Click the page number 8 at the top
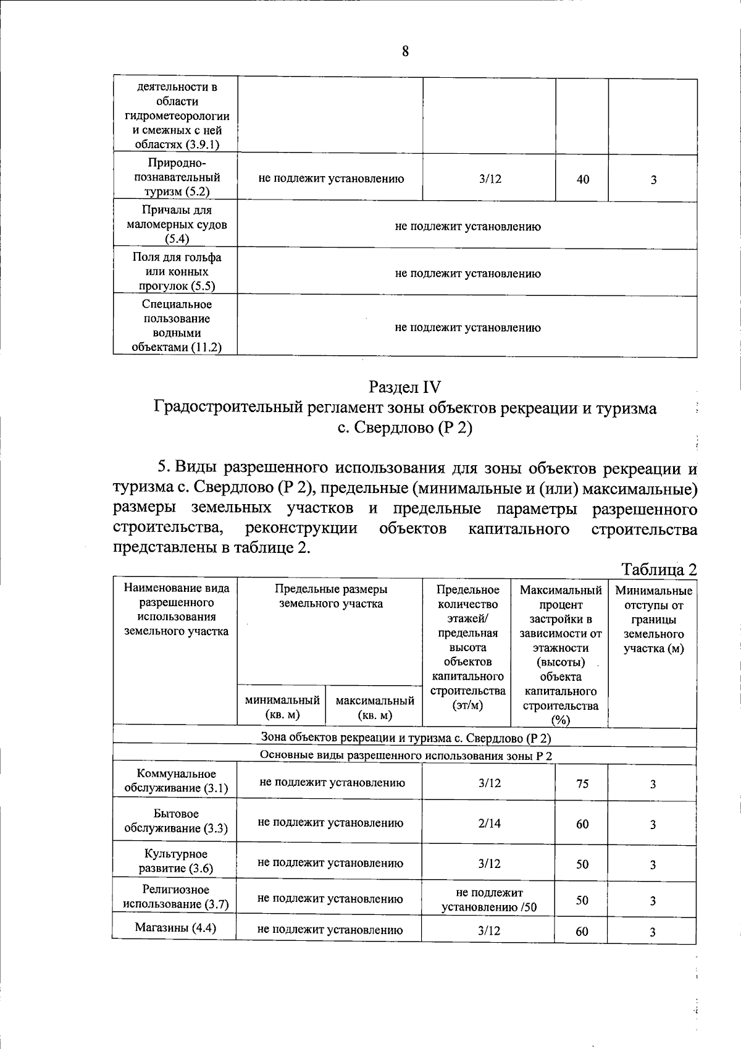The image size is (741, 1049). (x=405, y=52)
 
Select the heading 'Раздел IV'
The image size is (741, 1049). (x=405, y=387)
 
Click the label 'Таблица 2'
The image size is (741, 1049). (x=658, y=569)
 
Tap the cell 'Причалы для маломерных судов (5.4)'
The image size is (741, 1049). (x=177, y=224)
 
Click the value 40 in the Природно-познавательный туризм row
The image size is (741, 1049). (x=582, y=180)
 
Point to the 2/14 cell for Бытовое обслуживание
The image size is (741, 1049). (x=489, y=824)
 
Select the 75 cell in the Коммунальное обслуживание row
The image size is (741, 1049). (x=582, y=784)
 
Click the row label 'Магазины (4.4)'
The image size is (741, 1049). (x=175, y=928)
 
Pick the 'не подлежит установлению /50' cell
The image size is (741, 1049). (x=489, y=900)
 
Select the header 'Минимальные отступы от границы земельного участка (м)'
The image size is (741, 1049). (x=653, y=620)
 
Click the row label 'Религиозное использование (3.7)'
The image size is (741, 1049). (x=175, y=897)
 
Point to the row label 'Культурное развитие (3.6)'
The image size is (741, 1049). (x=175, y=861)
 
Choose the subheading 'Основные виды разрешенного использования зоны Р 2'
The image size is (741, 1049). (x=405, y=756)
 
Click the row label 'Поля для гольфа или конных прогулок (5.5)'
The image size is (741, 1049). (x=177, y=272)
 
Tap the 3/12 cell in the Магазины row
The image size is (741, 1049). (x=489, y=930)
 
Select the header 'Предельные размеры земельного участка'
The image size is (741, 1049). (x=331, y=596)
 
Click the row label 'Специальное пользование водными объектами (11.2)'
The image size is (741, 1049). (x=177, y=326)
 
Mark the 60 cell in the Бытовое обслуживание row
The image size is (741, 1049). (x=582, y=824)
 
